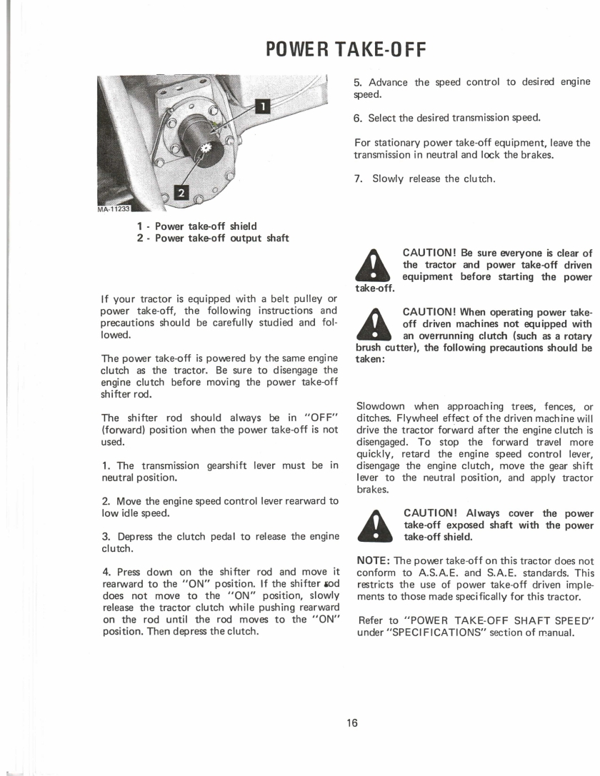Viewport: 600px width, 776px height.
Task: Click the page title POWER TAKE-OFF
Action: click(x=346, y=50)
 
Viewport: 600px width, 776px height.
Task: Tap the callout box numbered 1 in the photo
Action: click(x=262, y=106)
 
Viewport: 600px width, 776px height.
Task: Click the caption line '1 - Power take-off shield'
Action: click(x=197, y=226)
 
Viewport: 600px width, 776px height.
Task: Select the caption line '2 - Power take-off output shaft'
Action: click(x=213, y=238)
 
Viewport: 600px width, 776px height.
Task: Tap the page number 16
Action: click(x=352, y=723)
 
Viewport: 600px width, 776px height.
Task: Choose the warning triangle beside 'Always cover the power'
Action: click(x=375, y=525)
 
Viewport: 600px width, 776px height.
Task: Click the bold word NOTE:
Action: click(x=374, y=560)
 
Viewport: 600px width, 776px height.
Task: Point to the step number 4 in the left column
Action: click(x=106, y=572)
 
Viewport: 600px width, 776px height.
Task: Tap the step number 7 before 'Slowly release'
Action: click(x=358, y=179)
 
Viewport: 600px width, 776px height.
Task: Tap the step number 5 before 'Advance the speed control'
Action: click(x=357, y=83)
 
